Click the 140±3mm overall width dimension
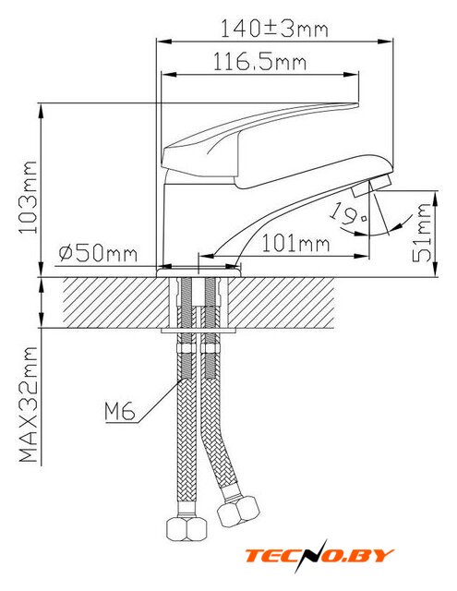point(274,29)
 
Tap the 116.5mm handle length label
point(259,61)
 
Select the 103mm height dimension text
point(29,197)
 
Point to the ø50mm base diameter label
point(98,253)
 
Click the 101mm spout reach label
point(295,243)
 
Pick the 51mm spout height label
point(421,232)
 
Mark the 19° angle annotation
point(348,214)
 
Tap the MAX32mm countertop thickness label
point(29,404)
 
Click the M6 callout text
point(119,412)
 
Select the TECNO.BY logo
point(319,556)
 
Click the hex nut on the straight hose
point(186,529)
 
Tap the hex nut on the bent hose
point(239,511)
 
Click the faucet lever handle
point(260,145)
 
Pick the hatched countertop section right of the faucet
point(281,302)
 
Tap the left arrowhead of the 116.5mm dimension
point(169,75)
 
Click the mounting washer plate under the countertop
point(198,331)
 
